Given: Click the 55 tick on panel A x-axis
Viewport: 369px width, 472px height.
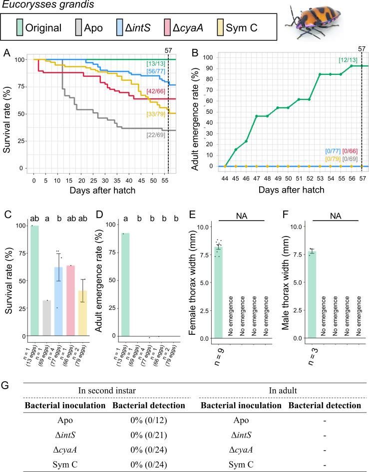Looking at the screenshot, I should (163, 178).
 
